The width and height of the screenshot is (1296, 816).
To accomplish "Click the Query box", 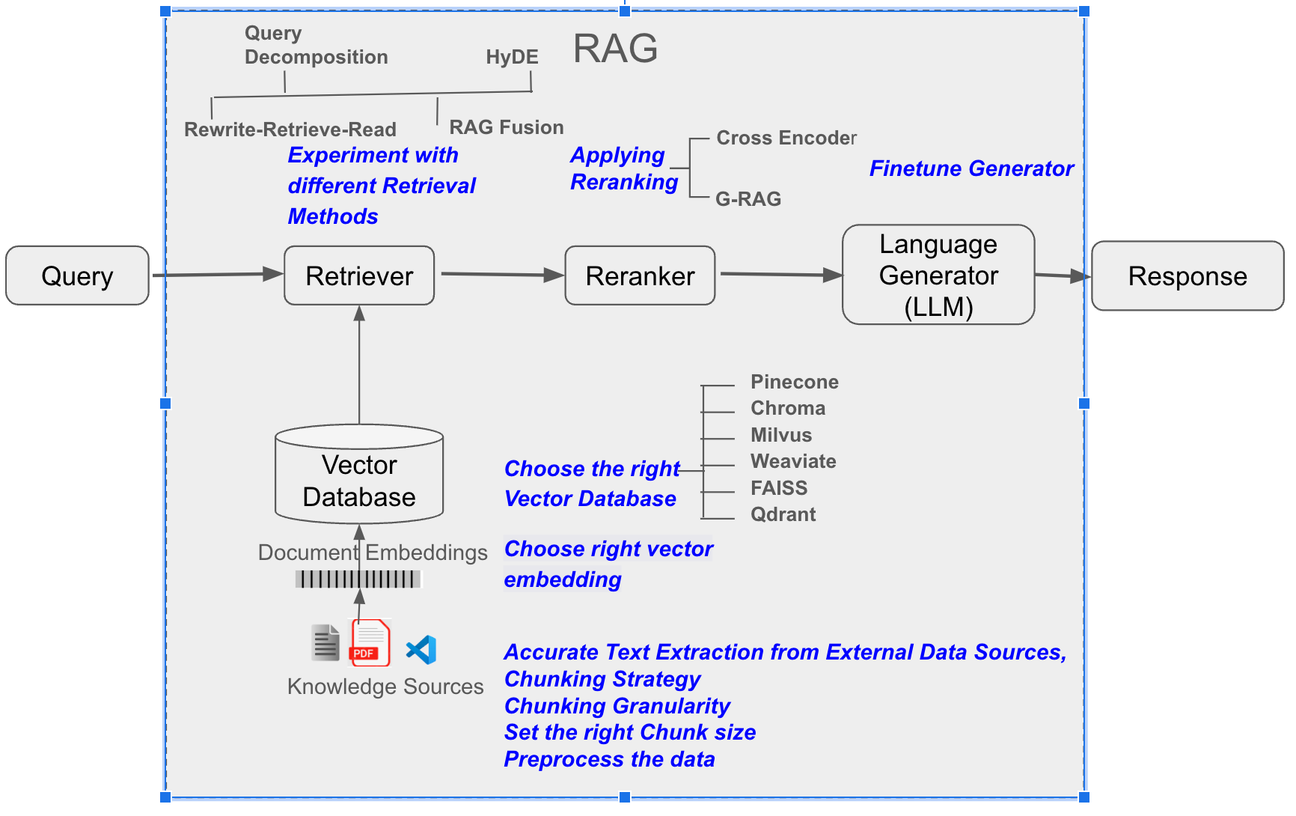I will tap(77, 275).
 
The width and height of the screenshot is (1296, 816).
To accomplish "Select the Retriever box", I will tap(359, 275).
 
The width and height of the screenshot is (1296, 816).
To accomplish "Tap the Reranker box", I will tap(640, 275).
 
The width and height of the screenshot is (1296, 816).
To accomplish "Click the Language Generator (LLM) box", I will tap(938, 275).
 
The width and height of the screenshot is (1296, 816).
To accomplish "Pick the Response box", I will tap(1188, 275).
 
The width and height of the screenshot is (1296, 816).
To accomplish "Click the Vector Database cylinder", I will tap(359, 475).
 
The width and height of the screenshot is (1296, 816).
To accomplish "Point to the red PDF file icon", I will tap(370, 642).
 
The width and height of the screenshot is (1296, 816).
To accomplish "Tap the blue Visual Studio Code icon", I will tap(421, 649).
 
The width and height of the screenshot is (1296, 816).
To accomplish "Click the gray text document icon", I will tap(325, 642).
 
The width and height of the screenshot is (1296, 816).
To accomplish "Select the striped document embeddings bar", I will tap(358, 579).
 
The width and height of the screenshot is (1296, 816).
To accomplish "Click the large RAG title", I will tap(615, 49).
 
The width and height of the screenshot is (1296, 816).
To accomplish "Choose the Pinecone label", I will tap(794, 382).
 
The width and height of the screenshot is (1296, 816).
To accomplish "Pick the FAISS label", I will tap(779, 488).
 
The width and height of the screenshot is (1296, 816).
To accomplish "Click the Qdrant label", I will tap(783, 514).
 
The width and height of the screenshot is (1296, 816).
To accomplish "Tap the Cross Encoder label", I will tap(786, 138).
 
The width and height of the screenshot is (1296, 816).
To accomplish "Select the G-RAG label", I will tap(748, 199).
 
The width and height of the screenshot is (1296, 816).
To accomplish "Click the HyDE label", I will tap(512, 57).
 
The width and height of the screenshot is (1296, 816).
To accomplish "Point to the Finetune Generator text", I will tap(971, 168).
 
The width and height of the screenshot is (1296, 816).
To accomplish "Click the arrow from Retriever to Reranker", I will tap(501, 274).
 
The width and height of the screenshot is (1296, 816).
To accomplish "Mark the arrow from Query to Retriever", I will tap(217, 275).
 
